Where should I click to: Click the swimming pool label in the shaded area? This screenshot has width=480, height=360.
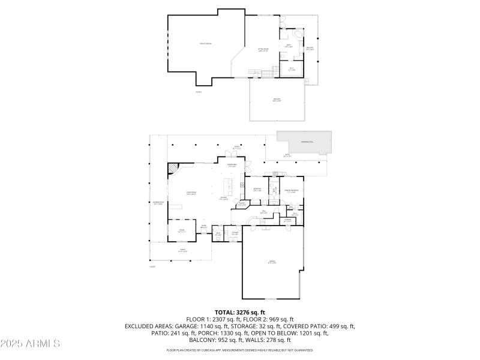click(307, 142)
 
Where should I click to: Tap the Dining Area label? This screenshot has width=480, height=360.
click(231, 165)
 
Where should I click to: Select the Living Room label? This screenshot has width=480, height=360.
click(191, 193)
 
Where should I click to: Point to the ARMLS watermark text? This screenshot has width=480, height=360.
click(30, 344)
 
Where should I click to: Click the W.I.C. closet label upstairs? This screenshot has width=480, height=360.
click(292, 69)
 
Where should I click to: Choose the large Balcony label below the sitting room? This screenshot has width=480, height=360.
click(277, 99)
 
